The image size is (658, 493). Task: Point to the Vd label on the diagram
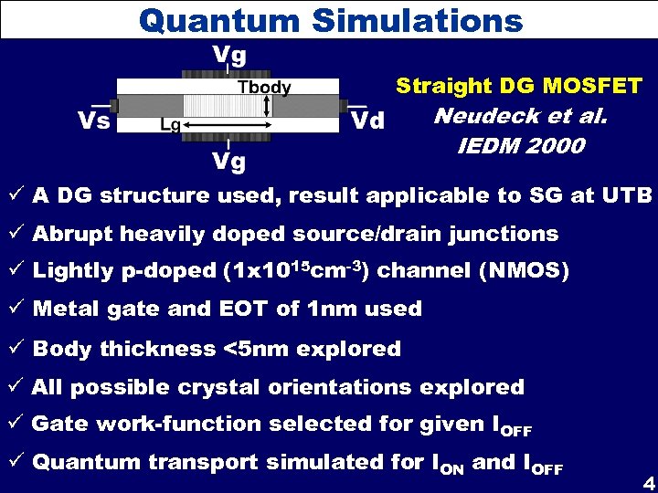[x=367, y=121]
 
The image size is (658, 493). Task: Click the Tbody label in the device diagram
[x=264, y=88]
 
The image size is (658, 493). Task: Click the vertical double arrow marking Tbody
[x=267, y=105]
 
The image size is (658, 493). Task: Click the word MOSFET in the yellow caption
[x=594, y=87]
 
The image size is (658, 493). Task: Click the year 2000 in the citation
[x=552, y=146]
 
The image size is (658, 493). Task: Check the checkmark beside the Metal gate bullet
[x=17, y=309]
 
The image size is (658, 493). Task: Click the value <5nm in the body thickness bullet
[x=252, y=349]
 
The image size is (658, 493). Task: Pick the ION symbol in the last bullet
[x=445, y=465]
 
